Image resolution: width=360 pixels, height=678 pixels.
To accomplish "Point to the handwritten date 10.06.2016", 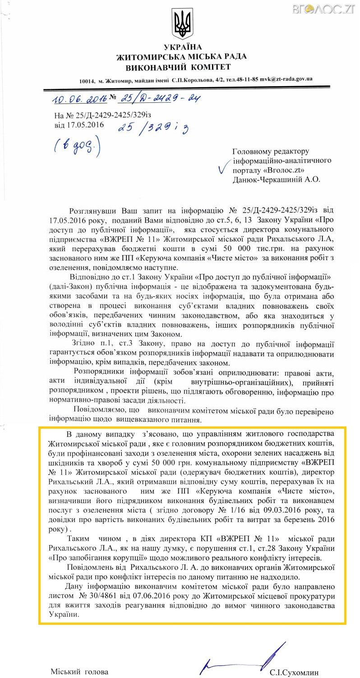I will click(73, 99).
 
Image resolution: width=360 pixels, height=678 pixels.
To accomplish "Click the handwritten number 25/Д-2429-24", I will click(161, 98).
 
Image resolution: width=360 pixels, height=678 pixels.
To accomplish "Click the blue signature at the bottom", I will click(244, 659).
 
